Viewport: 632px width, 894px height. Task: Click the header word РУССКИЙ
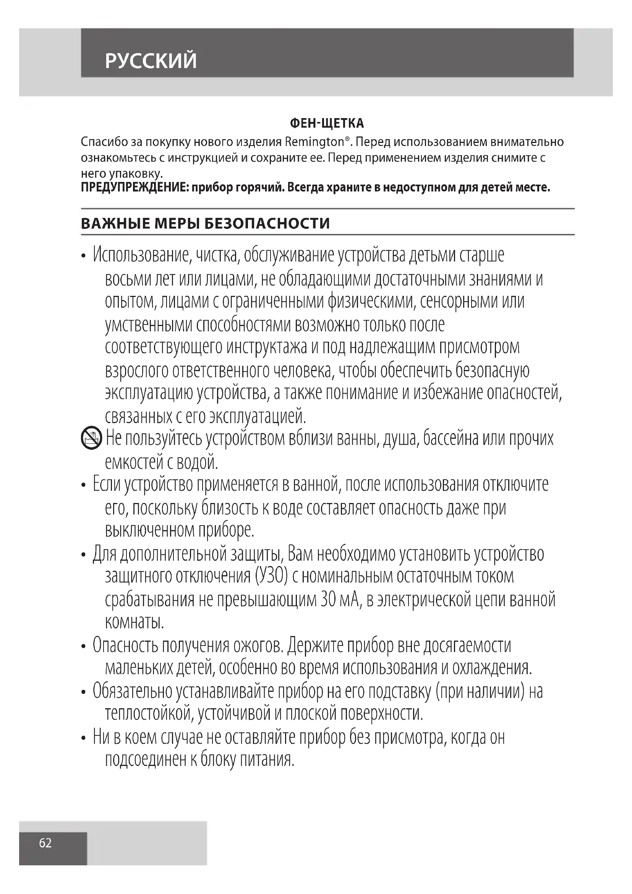click(x=151, y=61)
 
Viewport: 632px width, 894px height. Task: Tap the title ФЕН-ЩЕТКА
click(x=327, y=123)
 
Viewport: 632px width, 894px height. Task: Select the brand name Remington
click(x=314, y=142)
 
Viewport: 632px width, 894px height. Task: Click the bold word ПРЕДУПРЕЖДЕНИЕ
click(x=135, y=188)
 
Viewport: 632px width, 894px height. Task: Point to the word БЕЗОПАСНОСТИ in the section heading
click(x=267, y=224)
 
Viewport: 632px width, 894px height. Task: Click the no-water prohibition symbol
click(x=91, y=438)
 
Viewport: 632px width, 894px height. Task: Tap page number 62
click(x=45, y=843)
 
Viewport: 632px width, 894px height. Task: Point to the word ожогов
click(x=258, y=646)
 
